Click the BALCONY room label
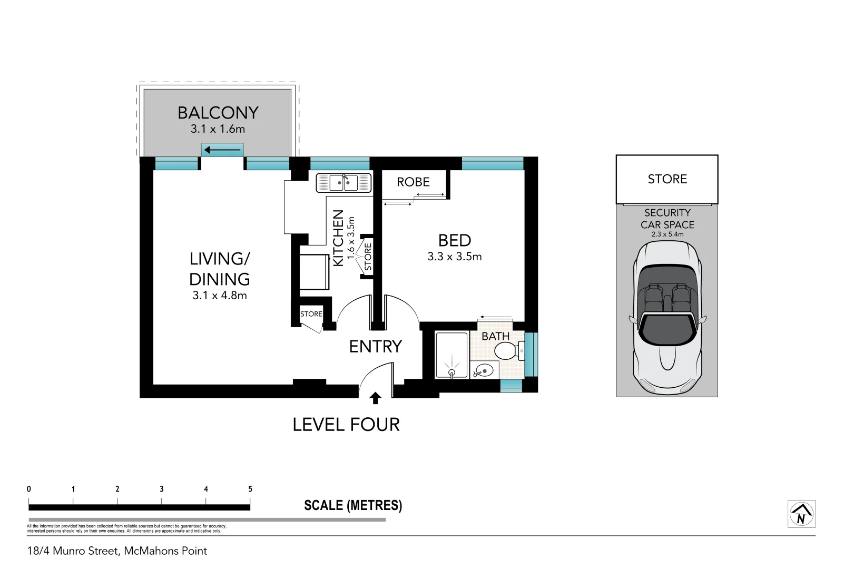coord(218,113)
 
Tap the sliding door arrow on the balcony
coord(222,150)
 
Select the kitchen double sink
coord(343,183)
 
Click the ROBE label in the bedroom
coord(413,182)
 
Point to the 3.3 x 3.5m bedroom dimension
coord(454,257)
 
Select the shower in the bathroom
coord(451,355)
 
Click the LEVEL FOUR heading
coord(346,425)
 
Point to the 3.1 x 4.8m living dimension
coord(220,296)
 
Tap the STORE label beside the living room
coord(311,314)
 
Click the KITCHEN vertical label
coord(338,238)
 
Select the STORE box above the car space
coord(667,179)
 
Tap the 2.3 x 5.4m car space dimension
coord(667,234)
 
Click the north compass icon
coord(801,514)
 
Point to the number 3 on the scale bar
coord(162,489)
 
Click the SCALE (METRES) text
coord(353,506)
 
